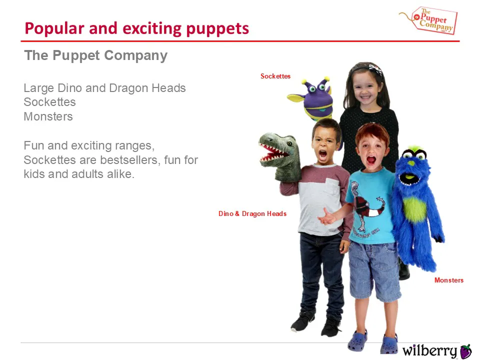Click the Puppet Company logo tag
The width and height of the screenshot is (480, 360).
click(x=434, y=20)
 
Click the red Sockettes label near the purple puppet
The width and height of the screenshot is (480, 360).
click(x=275, y=76)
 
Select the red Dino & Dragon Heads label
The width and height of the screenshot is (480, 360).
click(x=252, y=213)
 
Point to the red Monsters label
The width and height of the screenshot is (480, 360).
click(x=449, y=280)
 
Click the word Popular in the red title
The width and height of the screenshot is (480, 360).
click(x=54, y=28)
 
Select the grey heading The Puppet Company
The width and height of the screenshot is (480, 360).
click(x=96, y=55)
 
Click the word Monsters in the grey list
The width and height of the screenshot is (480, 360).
click(x=48, y=116)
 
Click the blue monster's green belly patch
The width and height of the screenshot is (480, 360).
click(x=414, y=209)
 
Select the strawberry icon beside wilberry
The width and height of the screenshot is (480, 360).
click(x=466, y=351)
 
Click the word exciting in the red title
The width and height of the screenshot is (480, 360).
click(x=152, y=28)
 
